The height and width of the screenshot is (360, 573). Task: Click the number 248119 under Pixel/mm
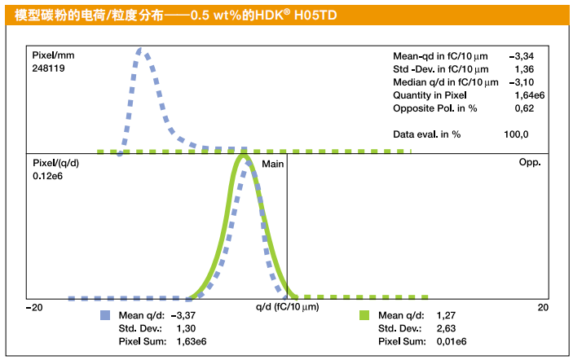(x=49, y=68)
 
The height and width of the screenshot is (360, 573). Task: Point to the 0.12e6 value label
(x=50, y=176)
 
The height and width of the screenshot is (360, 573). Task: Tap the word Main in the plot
(x=272, y=163)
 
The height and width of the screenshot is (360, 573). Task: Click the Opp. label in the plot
(x=530, y=163)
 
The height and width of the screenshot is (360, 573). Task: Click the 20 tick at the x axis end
(x=543, y=307)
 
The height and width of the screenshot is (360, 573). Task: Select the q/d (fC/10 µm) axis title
(x=287, y=307)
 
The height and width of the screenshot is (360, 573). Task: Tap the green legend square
(x=364, y=315)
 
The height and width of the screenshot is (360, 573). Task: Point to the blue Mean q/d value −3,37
(x=187, y=315)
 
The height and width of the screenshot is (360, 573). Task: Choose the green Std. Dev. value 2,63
(x=447, y=328)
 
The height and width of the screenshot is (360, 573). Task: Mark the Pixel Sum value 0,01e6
(x=452, y=341)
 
